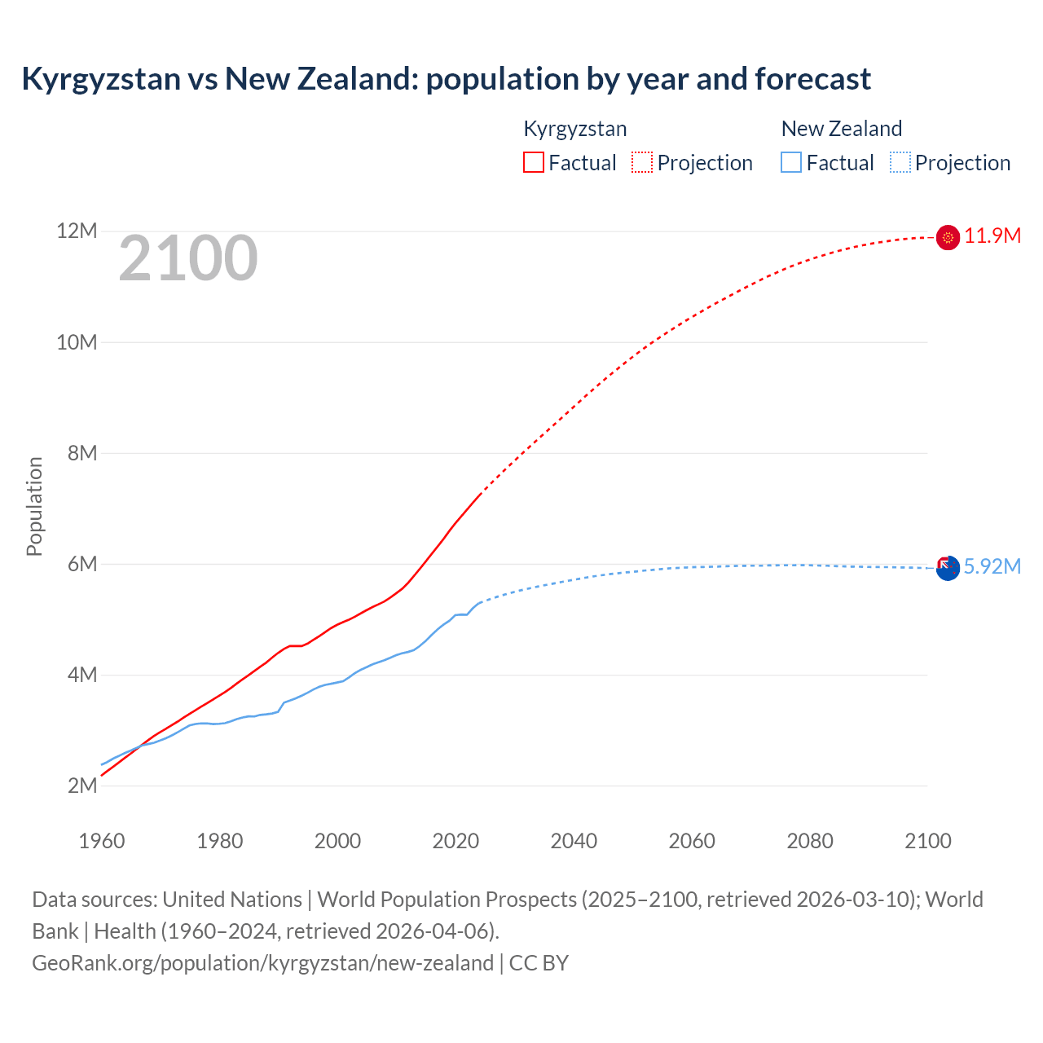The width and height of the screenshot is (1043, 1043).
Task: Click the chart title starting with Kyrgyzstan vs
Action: [446, 79]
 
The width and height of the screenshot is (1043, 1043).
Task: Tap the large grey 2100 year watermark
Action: [188, 258]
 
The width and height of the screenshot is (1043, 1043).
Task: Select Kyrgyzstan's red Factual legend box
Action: [533, 162]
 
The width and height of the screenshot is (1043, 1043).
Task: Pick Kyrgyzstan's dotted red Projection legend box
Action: [642, 162]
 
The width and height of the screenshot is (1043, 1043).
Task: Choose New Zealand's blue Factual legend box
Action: [790, 162]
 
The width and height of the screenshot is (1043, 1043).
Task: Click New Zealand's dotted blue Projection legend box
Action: [900, 162]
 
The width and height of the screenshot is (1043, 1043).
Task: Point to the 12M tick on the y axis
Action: [77, 231]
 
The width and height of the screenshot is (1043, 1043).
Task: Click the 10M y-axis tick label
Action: [77, 342]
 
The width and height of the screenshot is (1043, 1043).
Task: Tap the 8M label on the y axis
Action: [81, 453]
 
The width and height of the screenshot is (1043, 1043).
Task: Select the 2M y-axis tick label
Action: [81, 786]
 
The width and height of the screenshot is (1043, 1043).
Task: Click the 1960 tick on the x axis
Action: [102, 841]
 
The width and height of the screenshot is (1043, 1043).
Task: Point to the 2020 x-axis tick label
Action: [455, 841]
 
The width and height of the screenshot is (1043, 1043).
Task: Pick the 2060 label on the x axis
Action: [692, 841]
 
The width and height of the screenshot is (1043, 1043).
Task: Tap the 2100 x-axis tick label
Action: [928, 841]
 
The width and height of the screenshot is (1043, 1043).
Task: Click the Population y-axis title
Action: [34, 506]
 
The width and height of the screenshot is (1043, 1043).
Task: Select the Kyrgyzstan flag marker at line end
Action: [948, 237]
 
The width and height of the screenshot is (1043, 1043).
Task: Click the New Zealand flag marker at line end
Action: [948, 568]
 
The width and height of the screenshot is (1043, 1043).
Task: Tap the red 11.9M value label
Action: [992, 236]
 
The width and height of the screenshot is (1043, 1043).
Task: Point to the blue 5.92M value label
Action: [992, 567]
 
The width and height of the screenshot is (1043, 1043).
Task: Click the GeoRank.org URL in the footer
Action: [262, 963]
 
